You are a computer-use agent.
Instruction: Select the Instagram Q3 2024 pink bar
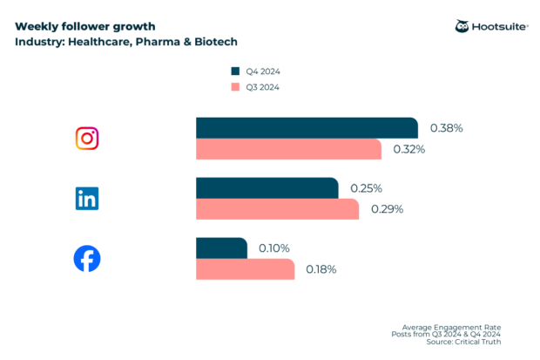coord(288,149)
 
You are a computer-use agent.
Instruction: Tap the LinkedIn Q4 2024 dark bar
coord(267,188)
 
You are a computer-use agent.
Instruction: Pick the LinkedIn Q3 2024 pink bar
coord(277,209)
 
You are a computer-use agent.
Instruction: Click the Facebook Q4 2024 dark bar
coord(221,248)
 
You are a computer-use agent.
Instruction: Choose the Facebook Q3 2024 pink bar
coord(245,269)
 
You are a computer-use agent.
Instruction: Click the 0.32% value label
coord(408,149)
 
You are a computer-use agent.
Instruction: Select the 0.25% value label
coord(366,188)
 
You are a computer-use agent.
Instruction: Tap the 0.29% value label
coord(388,209)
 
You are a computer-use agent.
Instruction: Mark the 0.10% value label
coord(275,248)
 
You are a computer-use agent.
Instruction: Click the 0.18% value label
coord(321,269)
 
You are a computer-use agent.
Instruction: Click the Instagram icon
coord(87,138)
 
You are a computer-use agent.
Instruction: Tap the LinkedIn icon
coord(87,199)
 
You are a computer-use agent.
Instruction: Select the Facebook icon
coord(87,259)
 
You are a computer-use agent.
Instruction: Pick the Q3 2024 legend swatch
coord(234,87)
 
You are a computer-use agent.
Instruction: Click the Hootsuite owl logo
coord(462,26)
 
